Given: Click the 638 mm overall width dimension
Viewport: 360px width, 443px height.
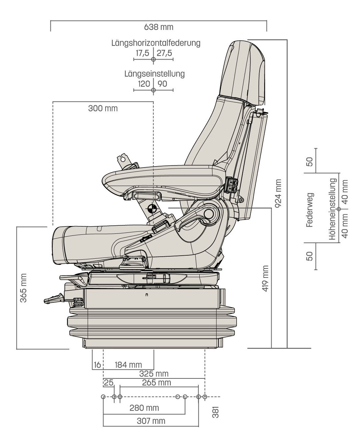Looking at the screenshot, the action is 159,27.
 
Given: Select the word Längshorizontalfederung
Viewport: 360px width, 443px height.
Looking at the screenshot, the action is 156,43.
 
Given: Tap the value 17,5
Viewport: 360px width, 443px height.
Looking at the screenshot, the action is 143,53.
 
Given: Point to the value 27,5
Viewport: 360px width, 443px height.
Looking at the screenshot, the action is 164,53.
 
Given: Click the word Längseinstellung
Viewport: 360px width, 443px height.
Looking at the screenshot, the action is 154,74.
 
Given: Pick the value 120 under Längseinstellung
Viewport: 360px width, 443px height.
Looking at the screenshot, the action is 144,84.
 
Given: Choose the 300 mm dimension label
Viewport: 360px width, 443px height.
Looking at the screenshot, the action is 103,108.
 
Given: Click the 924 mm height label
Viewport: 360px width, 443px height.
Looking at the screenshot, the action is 278,193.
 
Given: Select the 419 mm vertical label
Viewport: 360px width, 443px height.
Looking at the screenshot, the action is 266,279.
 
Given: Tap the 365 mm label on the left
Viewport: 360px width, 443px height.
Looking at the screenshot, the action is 23,288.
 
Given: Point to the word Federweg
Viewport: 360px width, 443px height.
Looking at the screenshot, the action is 310,210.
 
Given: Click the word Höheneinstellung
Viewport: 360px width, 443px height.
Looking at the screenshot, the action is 332,209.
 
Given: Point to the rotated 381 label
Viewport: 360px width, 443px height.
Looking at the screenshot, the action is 215,412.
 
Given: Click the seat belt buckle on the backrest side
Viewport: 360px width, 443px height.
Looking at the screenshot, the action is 232,185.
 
